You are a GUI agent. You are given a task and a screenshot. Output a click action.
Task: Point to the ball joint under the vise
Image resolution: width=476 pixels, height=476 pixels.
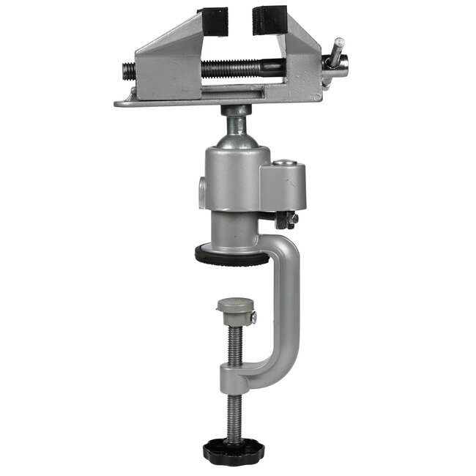238,122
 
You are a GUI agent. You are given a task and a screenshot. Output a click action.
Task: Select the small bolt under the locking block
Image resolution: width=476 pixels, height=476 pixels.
290,217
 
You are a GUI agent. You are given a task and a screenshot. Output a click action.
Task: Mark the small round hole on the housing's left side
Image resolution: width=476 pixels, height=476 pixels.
202,194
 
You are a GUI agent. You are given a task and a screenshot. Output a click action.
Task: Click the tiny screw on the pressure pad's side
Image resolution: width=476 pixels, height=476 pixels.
253,317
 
